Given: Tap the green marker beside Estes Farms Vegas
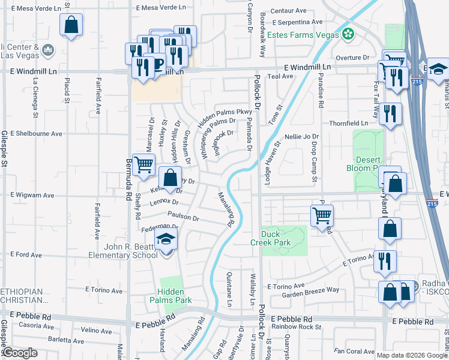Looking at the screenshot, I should tap(348, 34).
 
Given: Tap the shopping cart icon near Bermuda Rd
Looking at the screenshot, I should tap(143, 164).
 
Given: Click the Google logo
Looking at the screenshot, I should tap(20, 353).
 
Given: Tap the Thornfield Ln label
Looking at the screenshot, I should tap(348, 123).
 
